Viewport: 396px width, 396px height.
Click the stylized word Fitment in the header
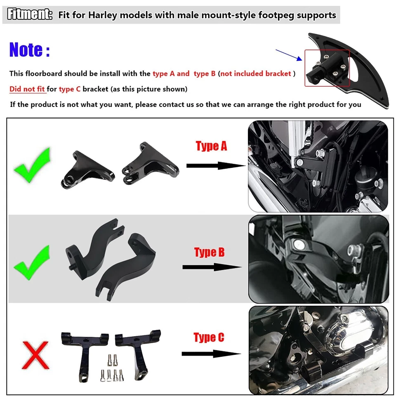pyautogui.click(x=30, y=15)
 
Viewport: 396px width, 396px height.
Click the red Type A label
pyautogui.click(x=211, y=146)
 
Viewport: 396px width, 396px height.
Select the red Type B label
pyautogui.click(x=209, y=252)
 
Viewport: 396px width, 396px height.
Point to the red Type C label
pyautogui.click(x=209, y=338)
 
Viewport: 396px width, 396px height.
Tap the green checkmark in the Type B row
pyautogui.click(x=32, y=263)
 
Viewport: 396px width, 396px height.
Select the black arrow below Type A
pyautogui.click(x=216, y=165)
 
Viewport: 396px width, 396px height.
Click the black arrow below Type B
pyautogui.click(x=212, y=267)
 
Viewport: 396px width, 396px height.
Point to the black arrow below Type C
pyautogui.click(x=211, y=354)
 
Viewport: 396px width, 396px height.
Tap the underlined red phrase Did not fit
pyautogui.click(x=28, y=89)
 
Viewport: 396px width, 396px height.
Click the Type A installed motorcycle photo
pyautogui.click(x=318, y=166)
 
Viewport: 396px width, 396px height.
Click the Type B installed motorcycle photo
pyautogui.click(x=318, y=259)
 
